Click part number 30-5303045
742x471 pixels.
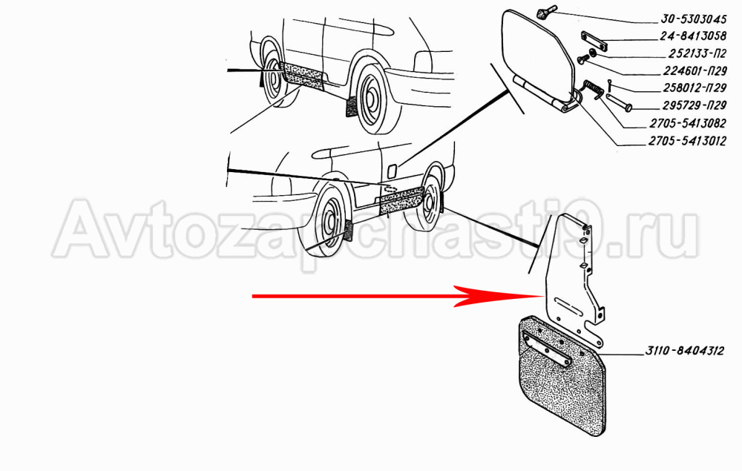tap(693, 19)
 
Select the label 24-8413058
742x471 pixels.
tap(693, 36)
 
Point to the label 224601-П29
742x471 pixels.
tap(695, 71)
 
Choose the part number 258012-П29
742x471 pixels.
tap(695, 88)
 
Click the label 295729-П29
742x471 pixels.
tap(695, 105)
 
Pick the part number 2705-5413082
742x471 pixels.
tap(688, 123)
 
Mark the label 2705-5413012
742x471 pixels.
tap(688, 141)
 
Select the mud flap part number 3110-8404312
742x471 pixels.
tap(685, 351)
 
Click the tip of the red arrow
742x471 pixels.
tap(544, 296)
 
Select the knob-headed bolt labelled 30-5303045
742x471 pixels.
tap(548, 12)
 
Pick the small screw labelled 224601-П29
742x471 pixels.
tap(582, 59)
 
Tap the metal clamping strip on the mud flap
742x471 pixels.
tap(547, 349)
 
